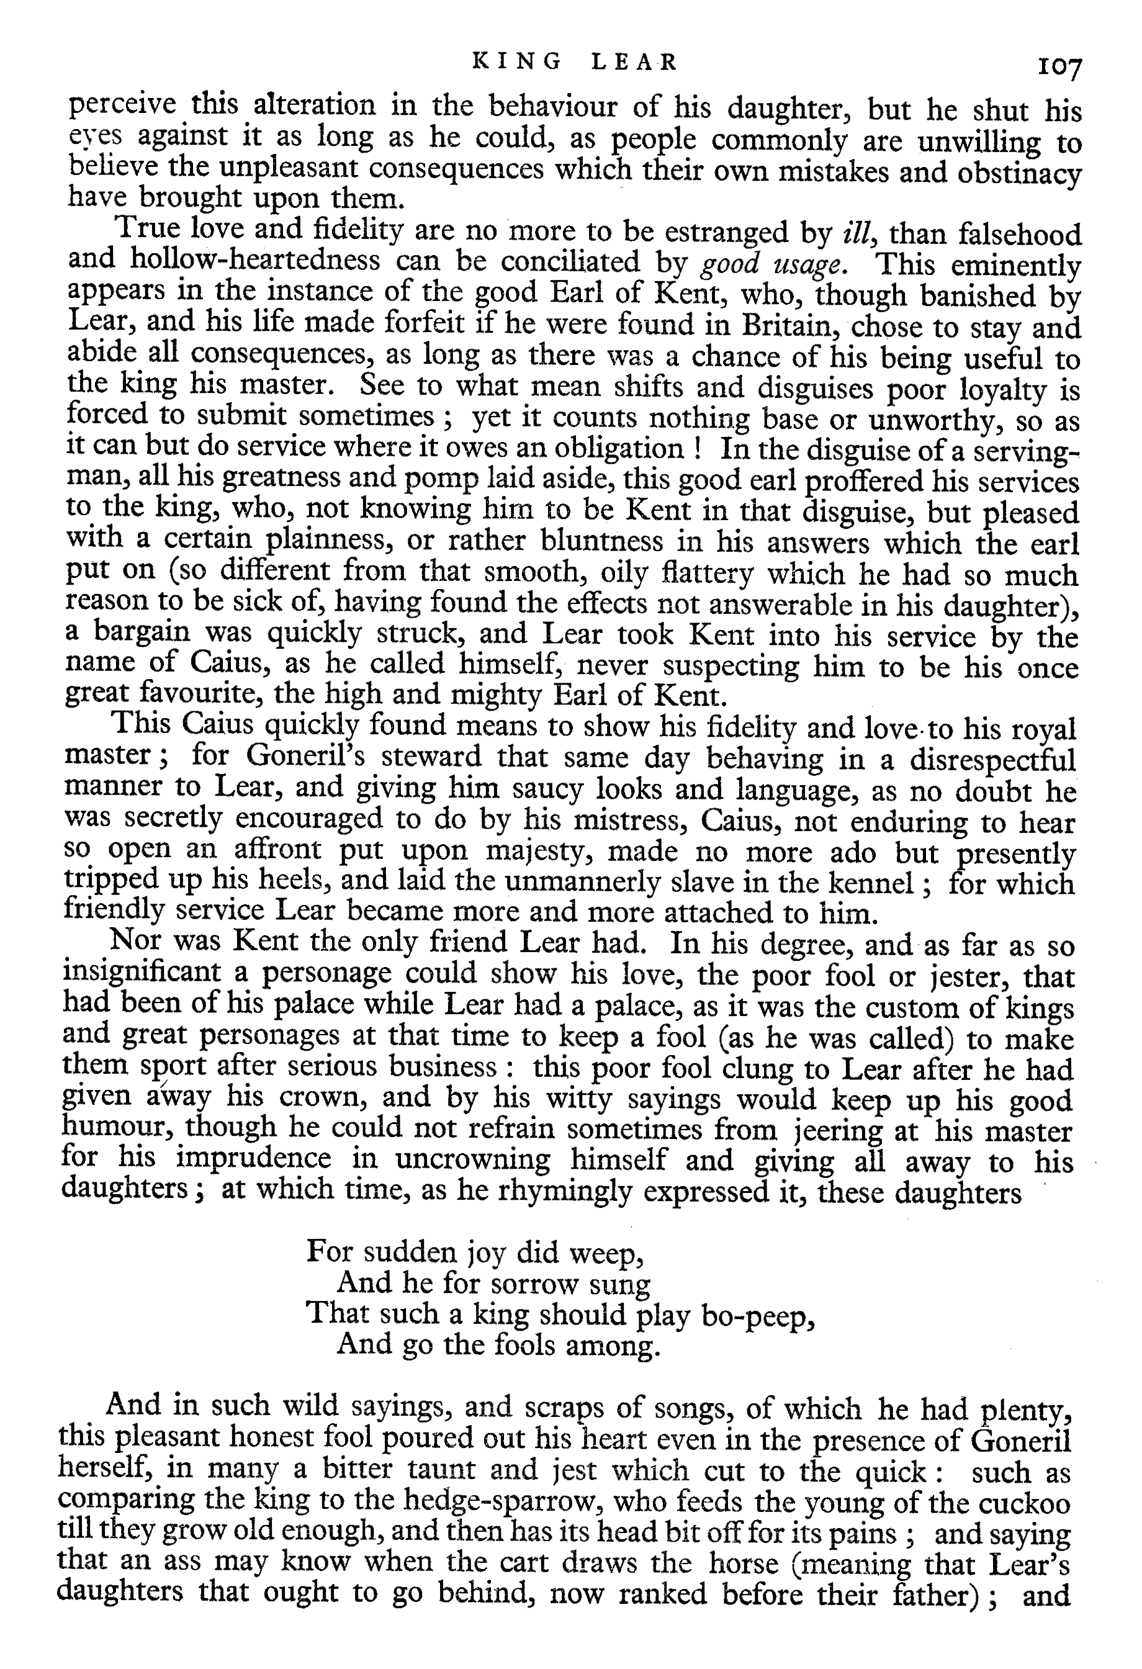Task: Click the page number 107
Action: pyautogui.click(x=1058, y=68)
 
